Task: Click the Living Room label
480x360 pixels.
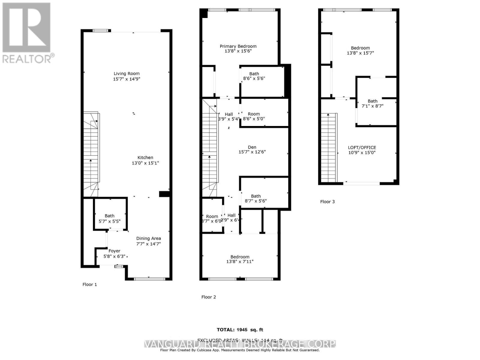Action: pyautogui.click(x=126, y=73)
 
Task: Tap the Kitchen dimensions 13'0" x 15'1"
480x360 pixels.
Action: pyautogui.click(x=145, y=163)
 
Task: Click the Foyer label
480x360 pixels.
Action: pyautogui.click(x=114, y=251)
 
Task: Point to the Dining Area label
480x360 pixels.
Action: pyautogui.click(x=148, y=238)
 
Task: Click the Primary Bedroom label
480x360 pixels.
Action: pyautogui.click(x=238, y=46)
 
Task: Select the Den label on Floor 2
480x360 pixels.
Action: pyautogui.click(x=252, y=147)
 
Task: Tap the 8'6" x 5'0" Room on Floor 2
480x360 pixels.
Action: pyautogui.click(x=254, y=116)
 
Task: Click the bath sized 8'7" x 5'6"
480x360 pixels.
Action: pyautogui.click(x=256, y=198)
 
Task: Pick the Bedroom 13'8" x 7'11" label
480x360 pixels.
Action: pyautogui.click(x=240, y=259)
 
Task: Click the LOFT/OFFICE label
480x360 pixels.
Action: pyautogui.click(x=362, y=147)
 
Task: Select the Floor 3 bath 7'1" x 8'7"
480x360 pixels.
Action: pyautogui.click(x=373, y=103)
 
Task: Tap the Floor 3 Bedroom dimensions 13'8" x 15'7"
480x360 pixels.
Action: pyautogui.click(x=360, y=53)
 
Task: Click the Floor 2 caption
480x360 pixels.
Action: pyautogui.click(x=208, y=297)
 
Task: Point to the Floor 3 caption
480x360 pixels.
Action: pyautogui.click(x=327, y=202)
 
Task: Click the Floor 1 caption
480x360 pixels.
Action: pyautogui.click(x=90, y=284)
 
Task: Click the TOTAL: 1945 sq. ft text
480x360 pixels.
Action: pyautogui.click(x=240, y=330)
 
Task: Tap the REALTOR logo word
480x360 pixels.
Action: pyautogui.click(x=27, y=58)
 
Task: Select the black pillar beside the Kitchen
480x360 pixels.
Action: pyautogui.click(x=164, y=194)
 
